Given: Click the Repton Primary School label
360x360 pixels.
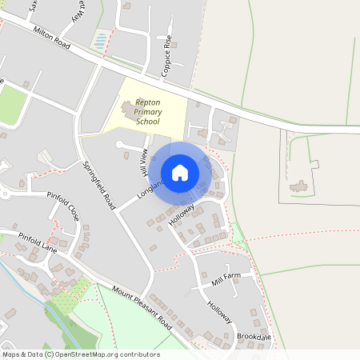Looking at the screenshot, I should coord(149,112).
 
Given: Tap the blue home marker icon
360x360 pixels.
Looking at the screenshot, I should coord(180,173).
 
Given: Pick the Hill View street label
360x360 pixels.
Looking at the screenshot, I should coord(144,162).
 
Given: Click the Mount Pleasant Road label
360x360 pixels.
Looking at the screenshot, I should coord(142,309).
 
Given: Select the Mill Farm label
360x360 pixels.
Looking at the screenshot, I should coord(226,279).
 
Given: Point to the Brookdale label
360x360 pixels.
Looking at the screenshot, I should coord(254,337).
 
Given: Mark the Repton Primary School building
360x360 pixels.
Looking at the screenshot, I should coord(129,107).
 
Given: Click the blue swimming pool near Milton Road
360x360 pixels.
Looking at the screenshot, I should coord(100,38).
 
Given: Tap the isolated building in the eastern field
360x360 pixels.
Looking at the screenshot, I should coord(298,186).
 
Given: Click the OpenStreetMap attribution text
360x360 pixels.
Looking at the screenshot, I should coord(80,354).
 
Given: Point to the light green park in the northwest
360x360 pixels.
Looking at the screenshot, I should coord(11,102).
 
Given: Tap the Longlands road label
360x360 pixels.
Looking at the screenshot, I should coord(150,188).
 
